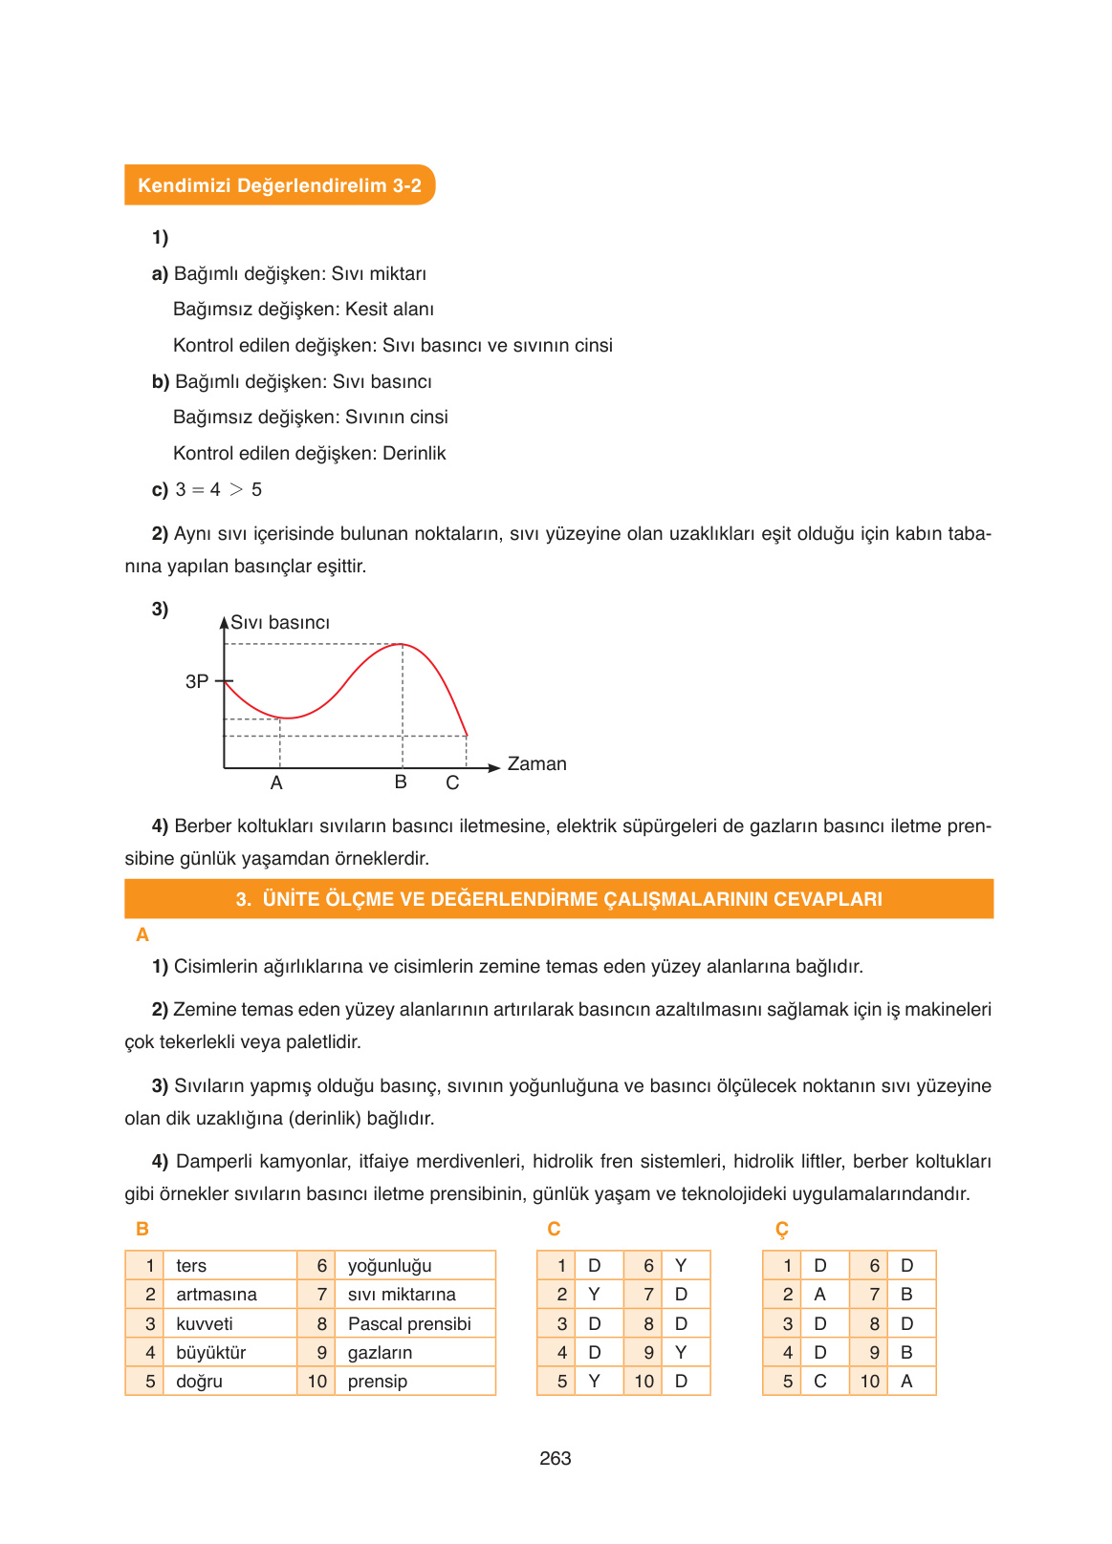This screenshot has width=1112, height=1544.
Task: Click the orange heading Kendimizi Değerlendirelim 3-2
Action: [279, 185]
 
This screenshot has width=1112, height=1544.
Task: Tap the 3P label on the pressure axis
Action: [196, 681]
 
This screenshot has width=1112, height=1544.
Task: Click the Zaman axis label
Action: [536, 763]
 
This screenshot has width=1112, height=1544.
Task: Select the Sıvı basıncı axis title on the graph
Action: [280, 622]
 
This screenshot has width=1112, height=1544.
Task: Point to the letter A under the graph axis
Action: [276, 783]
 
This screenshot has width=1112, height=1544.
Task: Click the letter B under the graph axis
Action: [401, 782]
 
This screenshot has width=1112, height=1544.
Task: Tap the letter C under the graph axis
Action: [452, 783]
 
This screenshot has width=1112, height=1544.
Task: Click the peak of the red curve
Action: [402, 644]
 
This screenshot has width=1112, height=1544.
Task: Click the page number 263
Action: [555, 1458]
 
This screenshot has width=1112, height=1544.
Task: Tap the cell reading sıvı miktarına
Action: [402, 1295]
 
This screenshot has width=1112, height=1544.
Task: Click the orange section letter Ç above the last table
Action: [782, 1229]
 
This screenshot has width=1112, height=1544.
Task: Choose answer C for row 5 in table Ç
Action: [819, 1381]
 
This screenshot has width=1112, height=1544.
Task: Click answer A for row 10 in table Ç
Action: [906, 1381]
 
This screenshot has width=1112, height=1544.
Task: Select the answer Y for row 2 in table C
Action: [594, 1295]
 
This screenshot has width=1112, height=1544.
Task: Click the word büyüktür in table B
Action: [211, 1352]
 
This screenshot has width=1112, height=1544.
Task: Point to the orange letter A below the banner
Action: [142, 934]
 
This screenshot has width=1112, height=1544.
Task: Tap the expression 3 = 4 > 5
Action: [219, 489]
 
